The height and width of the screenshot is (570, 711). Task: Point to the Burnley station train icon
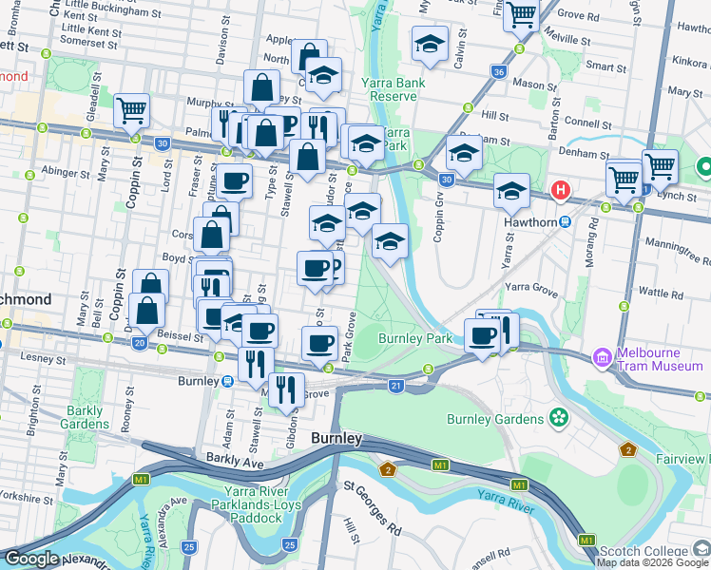tap(228, 381)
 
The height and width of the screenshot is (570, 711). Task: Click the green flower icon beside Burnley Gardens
tap(558, 417)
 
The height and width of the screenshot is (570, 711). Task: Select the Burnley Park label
tap(414, 338)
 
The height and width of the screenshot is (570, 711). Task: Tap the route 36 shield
tap(499, 72)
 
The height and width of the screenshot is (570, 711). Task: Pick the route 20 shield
tap(140, 343)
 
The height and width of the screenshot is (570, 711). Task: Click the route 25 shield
tap(189, 546)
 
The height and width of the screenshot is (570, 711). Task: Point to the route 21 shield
tap(396, 385)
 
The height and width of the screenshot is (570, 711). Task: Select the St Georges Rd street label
tap(374, 505)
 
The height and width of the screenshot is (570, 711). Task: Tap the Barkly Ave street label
tap(234, 462)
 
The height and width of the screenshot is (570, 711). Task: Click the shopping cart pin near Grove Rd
tap(522, 15)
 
